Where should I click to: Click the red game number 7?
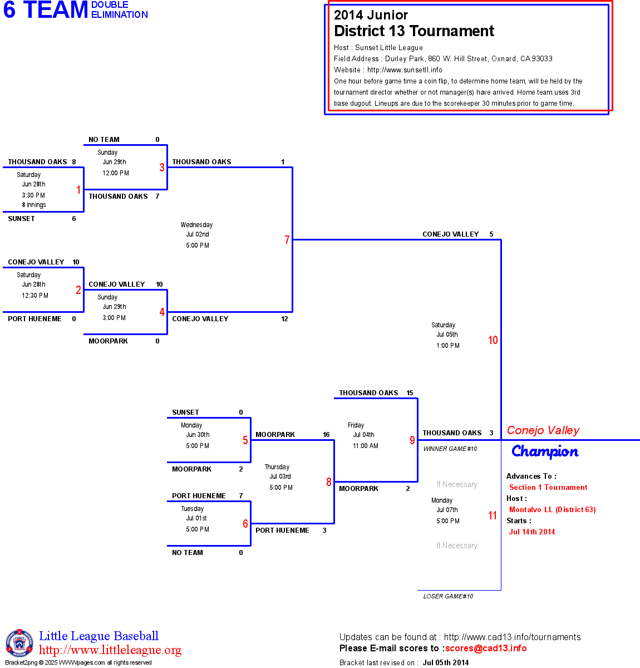click(x=287, y=240)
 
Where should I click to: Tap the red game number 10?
click(x=493, y=340)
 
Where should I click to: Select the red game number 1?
click(x=78, y=190)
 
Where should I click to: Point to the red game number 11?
click(x=493, y=515)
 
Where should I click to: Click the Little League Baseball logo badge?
click(x=19, y=643)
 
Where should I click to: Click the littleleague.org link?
click(x=110, y=650)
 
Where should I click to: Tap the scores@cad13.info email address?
click(x=486, y=648)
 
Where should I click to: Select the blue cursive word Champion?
click(x=545, y=451)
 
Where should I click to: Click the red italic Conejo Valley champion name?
click(x=543, y=430)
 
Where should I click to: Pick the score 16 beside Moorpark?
click(x=326, y=435)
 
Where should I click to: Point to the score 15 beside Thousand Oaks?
click(x=410, y=393)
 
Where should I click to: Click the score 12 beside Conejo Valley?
click(x=284, y=319)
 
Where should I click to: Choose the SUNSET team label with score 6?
click(x=21, y=219)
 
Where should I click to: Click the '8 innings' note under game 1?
click(x=34, y=205)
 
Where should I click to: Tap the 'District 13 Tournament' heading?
click(x=414, y=31)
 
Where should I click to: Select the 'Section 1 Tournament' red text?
click(x=548, y=487)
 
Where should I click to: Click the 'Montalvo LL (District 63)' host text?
click(x=552, y=509)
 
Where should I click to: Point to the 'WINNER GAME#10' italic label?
click(x=450, y=449)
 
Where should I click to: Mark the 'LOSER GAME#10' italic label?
click(x=448, y=596)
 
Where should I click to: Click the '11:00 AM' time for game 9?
click(x=366, y=446)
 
